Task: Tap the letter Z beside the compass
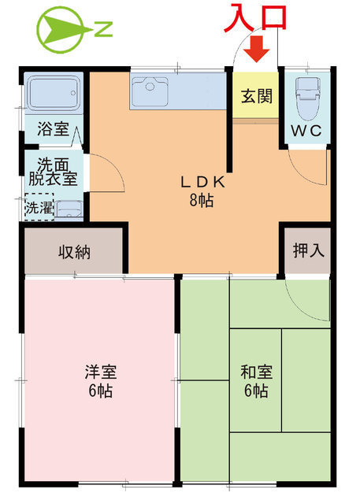click(103, 31)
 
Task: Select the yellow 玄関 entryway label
click(256, 96)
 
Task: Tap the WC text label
click(306, 131)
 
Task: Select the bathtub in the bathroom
click(54, 94)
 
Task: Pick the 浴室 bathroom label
click(53, 130)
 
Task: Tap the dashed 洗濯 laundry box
click(38, 209)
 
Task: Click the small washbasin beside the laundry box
click(69, 210)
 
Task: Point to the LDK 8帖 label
click(202, 190)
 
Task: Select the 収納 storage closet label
click(74, 253)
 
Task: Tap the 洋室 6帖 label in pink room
click(99, 380)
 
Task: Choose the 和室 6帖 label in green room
click(254, 380)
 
